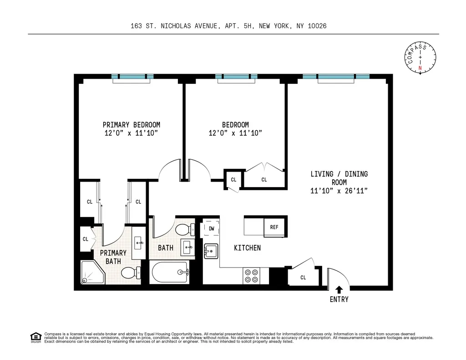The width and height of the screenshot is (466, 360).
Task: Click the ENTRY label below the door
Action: [x=339, y=299]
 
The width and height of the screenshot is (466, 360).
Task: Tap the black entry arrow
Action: [x=339, y=289]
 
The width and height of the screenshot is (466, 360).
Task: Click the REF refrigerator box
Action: [x=274, y=227]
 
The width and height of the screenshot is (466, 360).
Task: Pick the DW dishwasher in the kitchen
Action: [x=212, y=228]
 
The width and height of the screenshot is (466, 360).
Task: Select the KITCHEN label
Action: [x=247, y=248]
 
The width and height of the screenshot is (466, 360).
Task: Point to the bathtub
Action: [x=170, y=273]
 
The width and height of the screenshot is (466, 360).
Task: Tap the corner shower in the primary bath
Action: [x=92, y=273]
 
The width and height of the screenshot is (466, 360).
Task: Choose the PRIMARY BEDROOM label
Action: [x=131, y=125]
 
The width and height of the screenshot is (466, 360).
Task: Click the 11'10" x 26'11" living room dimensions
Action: [x=339, y=191]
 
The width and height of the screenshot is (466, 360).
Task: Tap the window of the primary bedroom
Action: [x=132, y=76]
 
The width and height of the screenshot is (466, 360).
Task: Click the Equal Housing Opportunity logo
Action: [x=35, y=337]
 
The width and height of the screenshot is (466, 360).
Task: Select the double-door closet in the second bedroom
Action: [x=264, y=179]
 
